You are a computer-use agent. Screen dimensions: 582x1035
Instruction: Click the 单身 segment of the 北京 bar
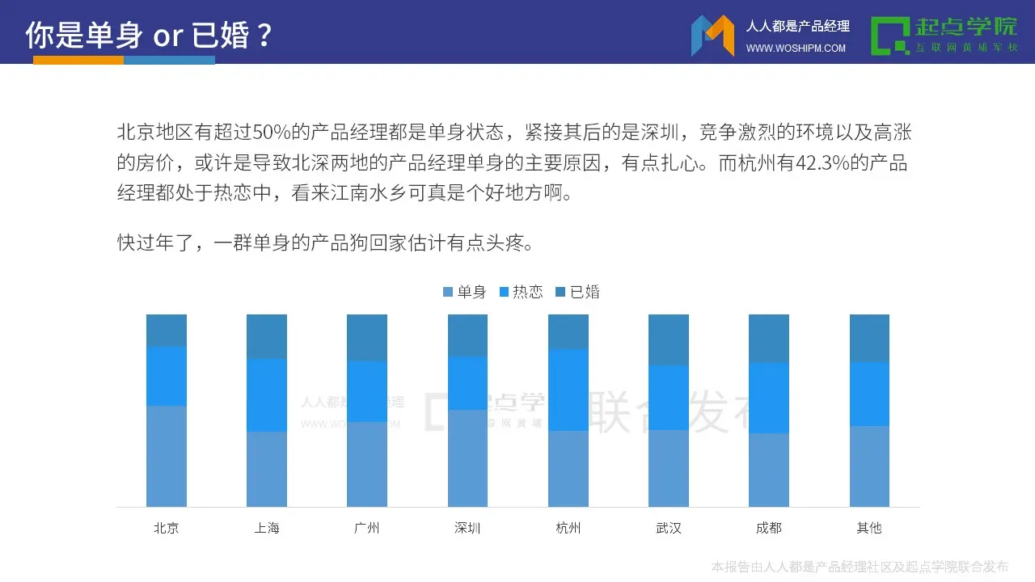click(167, 456)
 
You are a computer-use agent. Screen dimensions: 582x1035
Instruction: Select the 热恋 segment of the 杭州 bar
click(568, 390)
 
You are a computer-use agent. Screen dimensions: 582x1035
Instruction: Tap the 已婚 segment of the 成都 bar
click(769, 339)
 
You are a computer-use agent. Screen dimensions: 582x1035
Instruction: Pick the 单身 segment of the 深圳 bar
click(467, 458)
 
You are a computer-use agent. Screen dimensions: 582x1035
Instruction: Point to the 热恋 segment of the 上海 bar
click(267, 395)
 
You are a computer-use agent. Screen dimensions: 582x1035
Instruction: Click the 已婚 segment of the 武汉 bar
click(669, 339)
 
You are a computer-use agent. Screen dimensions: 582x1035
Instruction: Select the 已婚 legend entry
click(578, 292)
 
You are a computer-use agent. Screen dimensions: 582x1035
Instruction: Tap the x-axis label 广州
click(367, 528)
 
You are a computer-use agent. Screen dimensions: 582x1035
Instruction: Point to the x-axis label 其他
click(869, 528)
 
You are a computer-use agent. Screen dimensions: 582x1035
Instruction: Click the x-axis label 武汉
click(669, 528)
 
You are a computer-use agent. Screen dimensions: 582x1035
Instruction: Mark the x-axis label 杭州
click(568, 528)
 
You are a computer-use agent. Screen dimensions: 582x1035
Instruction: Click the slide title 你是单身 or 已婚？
click(150, 35)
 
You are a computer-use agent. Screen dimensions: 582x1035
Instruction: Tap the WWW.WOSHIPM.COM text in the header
click(796, 48)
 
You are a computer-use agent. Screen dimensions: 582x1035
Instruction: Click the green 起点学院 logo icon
click(890, 36)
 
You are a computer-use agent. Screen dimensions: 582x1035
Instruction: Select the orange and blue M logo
click(712, 36)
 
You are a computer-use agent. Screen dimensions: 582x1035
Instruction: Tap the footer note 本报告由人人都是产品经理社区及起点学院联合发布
click(860, 566)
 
